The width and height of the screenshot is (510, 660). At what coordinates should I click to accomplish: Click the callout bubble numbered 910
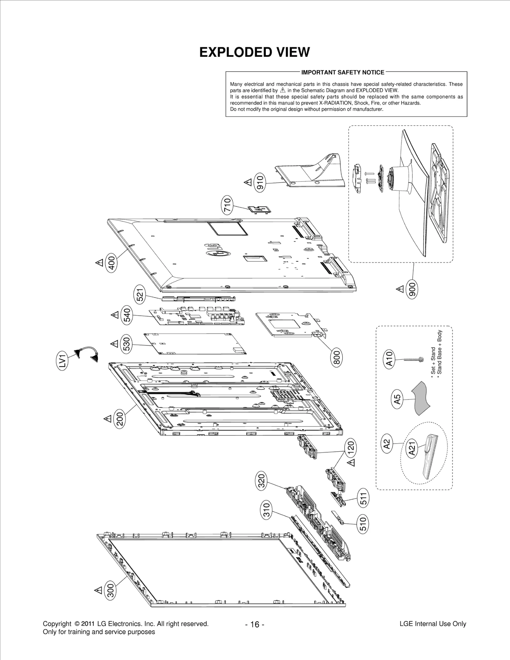pyautogui.click(x=260, y=183)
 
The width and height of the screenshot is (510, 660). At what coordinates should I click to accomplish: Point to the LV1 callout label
pyautogui.click(x=62, y=362)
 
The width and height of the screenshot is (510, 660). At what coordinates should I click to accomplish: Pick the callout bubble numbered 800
pyautogui.click(x=337, y=357)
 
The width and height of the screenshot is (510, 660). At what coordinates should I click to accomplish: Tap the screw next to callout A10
pyautogui.click(x=413, y=359)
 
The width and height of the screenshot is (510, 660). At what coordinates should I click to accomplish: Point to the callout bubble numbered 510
pyautogui.click(x=363, y=524)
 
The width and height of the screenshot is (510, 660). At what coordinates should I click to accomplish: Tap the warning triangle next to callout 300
pyautogui.click(x=98, y=590)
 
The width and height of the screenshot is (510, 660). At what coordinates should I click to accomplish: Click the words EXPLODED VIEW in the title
pyautogui.click(x=254, y=52)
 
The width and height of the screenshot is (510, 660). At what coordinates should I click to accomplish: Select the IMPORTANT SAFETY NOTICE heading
pyautogui.click(x=343, y=72)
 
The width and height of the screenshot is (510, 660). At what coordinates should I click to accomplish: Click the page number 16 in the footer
pyautogui.click(x=255, y=624)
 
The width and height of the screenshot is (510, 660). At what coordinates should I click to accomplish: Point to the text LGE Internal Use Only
pyautogui.click(x=433, y=624)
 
